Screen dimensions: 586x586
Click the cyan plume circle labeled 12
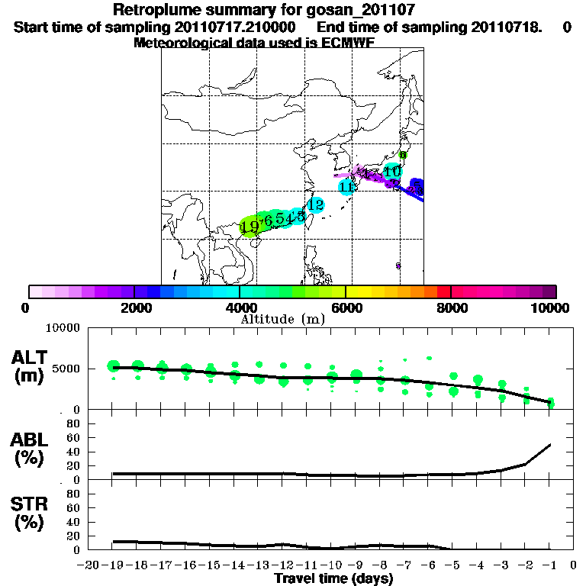coord(315,204)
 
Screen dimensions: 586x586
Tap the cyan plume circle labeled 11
coord(347,186)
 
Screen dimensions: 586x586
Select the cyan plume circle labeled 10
coord(392,171)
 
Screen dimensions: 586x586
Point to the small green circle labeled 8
coord(403,155)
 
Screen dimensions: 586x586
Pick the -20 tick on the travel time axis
coord(88,565)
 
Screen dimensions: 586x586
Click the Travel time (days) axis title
coord(333,578)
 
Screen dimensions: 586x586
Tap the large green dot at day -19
coord(114,366)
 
